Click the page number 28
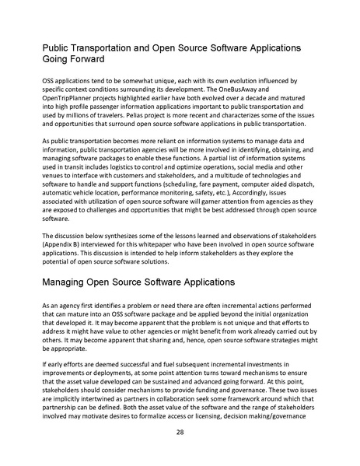[180, 432]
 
